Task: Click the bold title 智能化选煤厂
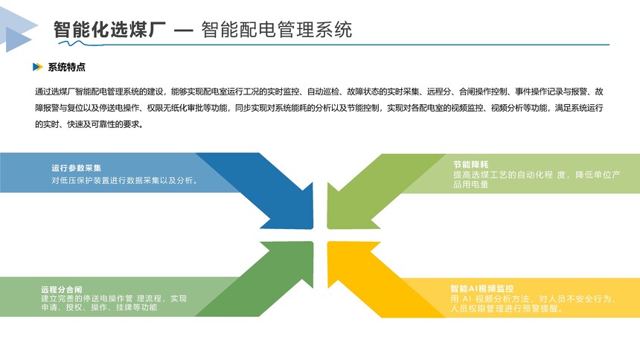pos(109,30)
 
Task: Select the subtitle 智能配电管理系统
pos(276,30)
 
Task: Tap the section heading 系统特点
pos(66,67)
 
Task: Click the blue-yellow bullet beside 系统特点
pos(37,67)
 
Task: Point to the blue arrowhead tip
pos(313,228)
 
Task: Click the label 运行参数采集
pos(77,168)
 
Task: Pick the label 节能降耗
pos(470,164)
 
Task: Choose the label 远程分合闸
pos(62,289)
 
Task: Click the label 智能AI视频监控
pos(482,289)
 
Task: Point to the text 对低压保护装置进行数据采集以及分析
pos(123,180)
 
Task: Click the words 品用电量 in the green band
pos(470,184)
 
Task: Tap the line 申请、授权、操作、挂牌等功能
pos(99,307)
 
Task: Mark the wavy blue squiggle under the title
pos(80,43)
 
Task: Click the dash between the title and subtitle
pos(183,30)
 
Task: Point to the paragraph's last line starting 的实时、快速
pos(89,124)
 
